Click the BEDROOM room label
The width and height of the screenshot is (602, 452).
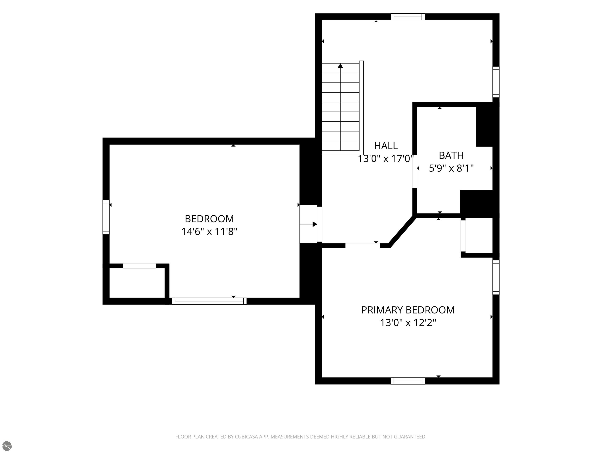(209, 219)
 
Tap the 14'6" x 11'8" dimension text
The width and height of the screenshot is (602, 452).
(209, 231)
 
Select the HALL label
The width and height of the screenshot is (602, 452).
(386, 146)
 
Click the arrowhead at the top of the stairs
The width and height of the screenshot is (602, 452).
(340, 66)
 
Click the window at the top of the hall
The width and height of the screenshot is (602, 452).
(408, 17)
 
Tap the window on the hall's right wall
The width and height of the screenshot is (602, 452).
(496, 82)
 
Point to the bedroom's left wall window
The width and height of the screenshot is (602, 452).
(106, 217)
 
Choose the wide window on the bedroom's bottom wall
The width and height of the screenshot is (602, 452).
(209, 301)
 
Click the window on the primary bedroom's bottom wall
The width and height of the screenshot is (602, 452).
(408, 381)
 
